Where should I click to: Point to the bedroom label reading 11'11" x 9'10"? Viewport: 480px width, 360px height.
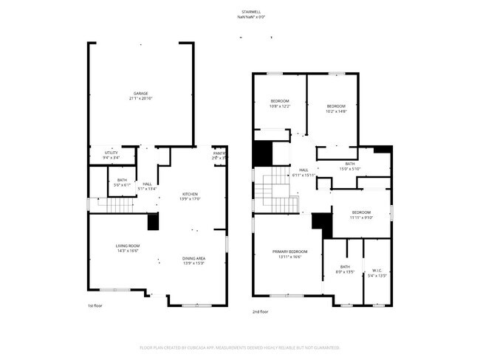tap(361, 215)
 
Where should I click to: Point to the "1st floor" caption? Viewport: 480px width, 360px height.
tap(95, 305)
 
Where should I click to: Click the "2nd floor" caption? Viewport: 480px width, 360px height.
tap(260, 311)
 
